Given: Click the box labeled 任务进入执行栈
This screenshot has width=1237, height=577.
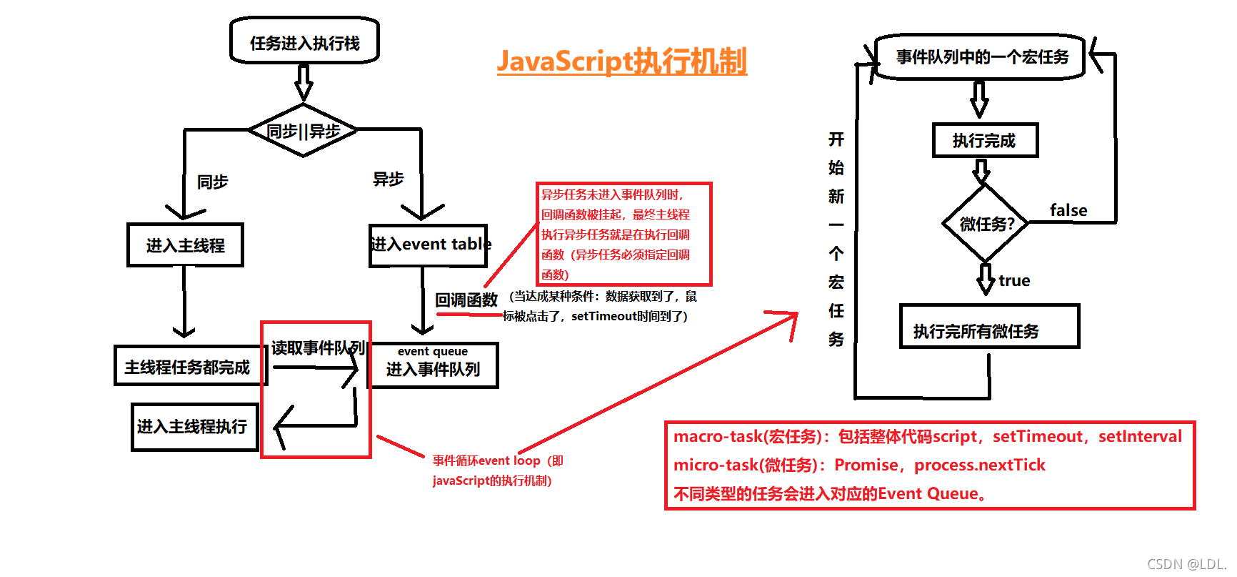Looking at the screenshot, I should pyautogui.click(x=304, y=41).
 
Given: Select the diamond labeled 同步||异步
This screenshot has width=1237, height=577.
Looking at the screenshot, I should pyautogui.click(x=303, y=131).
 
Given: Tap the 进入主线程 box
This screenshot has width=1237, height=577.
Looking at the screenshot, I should pyautogui.click(x=185, y=245).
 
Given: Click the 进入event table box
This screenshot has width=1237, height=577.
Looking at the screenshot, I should pyautogui.click(x=429, y=245).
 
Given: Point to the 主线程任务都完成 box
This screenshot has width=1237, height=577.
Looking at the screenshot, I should pyautogui.click(x=187, y=367).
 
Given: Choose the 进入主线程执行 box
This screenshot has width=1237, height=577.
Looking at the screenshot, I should pyautogui.click(x=193, y=427).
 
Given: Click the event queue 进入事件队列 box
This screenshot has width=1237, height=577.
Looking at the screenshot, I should pyautogui.click(x=433, y=365).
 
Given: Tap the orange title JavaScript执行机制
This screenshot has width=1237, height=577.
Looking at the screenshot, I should pyautogui.click(x=621, y=61).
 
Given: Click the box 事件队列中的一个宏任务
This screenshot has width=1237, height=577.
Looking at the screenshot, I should pyautogui.click(x=981, y=57).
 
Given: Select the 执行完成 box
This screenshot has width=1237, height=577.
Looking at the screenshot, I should pyautogui.click(x=984, y=140).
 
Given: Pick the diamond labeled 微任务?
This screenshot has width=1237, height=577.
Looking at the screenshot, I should pyautogui.click(x=986, y=224).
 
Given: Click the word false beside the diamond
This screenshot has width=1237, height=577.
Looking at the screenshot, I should pyautogui.click(x=1068, y=210).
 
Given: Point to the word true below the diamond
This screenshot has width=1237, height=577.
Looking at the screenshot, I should pyautogui.click(x=1014, y=280).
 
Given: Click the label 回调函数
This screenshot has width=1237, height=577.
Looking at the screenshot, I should pyautogui.click(x=466, y=300).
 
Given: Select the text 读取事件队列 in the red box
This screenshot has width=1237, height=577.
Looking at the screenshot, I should pyautogui.click(x=318, y=348).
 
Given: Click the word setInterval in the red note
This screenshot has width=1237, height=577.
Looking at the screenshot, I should pyautogui.click(x=1140, y=436).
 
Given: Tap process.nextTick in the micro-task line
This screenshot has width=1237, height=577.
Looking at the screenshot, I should pyautogui.click(x=979, y=465).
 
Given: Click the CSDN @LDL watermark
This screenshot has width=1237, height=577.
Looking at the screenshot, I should pyautogui.click(x=1186, y=564).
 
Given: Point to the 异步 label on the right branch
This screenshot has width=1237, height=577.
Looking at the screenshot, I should pyautogui.click(x=388, y=179).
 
